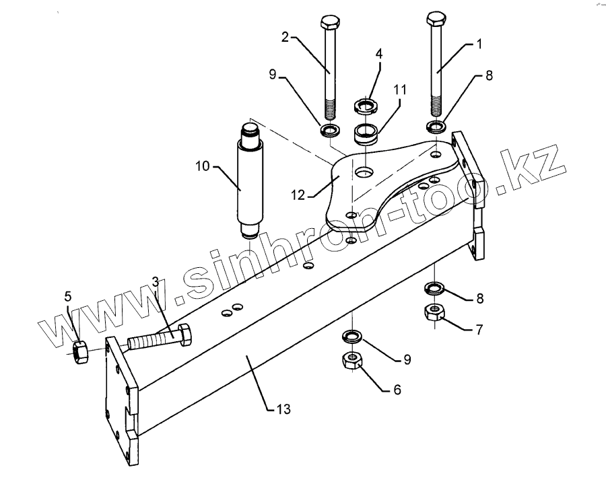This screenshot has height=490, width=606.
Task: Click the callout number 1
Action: click(x=479, y=44)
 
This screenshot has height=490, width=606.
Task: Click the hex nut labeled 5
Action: click(x=80, y=351)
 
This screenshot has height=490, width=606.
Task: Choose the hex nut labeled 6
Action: click(x=351, y=361)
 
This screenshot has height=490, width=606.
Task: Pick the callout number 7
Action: click(x=480, y=329)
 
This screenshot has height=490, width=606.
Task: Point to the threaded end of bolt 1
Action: click(x=435, y=108)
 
